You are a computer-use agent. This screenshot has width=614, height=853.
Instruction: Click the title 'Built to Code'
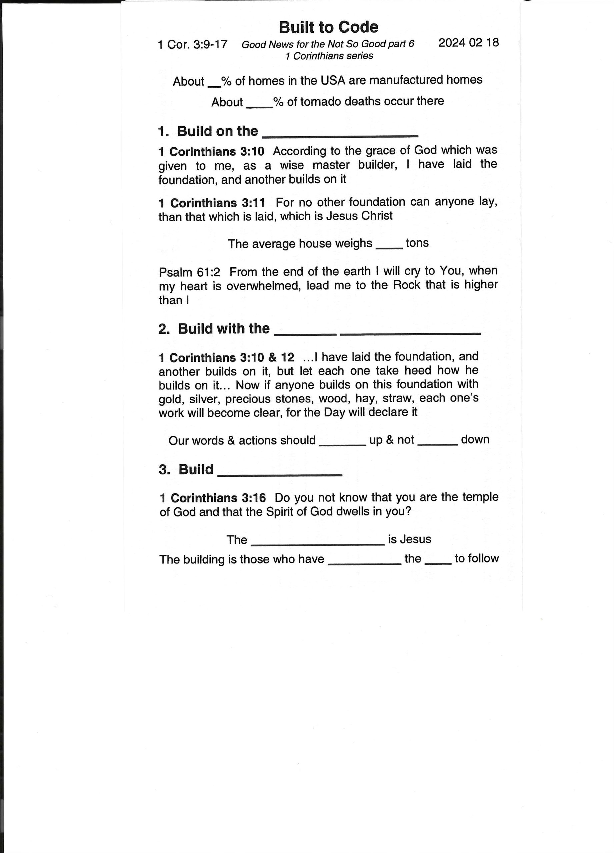point(328,27)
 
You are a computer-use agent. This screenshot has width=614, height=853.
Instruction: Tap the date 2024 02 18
point(468,43)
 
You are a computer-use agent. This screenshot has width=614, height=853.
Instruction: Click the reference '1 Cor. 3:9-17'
point(193,44)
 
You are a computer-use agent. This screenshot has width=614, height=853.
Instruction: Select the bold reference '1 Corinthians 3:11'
point(212,203)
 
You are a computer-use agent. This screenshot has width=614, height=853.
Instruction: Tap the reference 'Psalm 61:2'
point(189,272)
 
